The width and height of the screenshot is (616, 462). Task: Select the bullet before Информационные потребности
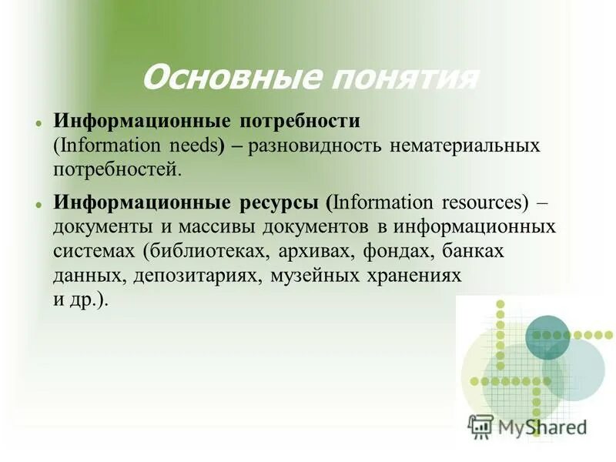tap(37, 123)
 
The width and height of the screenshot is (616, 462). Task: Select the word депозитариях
tap(190, 276)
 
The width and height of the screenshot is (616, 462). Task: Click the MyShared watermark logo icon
tap(480, 424)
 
